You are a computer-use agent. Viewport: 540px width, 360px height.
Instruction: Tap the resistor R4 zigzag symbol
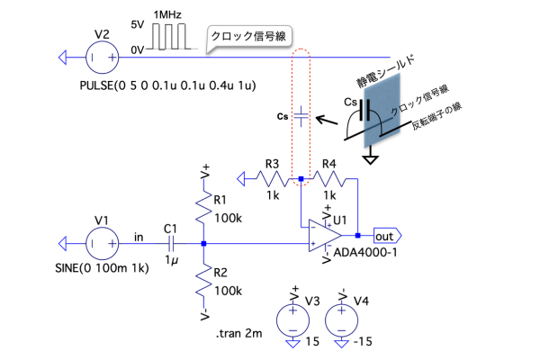coord(328,178)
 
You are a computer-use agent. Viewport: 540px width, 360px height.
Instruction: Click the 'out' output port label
coord(385,237)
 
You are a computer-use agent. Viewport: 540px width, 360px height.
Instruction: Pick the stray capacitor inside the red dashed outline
coord(301,115)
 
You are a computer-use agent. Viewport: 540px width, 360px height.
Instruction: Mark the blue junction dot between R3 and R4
coord(301,179)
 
